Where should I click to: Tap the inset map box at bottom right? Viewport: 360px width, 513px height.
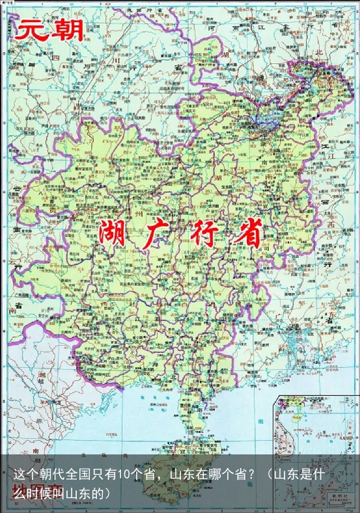316,449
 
